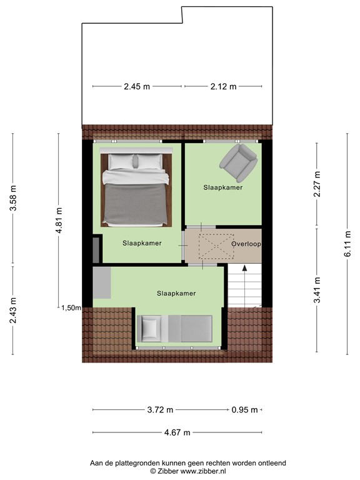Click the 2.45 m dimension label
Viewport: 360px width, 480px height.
click(137, 87)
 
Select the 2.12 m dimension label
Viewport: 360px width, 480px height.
click(223, 87)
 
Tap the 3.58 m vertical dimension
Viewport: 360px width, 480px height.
click(13, 199)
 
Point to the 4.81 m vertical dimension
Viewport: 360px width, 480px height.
click(59, 221)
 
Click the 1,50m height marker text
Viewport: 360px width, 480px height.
click(71, 307)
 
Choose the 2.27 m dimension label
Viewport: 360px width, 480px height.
click(317, 184)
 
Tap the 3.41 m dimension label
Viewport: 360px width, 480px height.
click(317, 290)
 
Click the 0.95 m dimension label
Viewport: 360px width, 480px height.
click(244, 410)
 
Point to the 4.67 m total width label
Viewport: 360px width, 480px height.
click(177, 432)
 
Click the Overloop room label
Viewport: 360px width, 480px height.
click(246, 244)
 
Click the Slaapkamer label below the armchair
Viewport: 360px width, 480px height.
click(222, 187)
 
